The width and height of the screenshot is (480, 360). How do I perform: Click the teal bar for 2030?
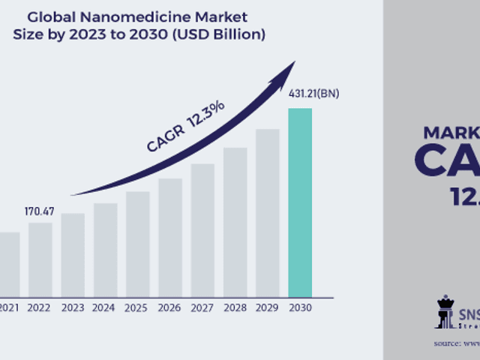click(300, 202)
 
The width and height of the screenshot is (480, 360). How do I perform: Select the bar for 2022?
click(40, 259)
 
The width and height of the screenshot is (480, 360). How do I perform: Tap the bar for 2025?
click(138, 244)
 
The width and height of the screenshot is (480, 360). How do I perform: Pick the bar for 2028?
click(235, 222)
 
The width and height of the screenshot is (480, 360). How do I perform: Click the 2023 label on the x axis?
click(73, 307)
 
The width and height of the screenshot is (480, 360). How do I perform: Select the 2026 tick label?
click(170, 307)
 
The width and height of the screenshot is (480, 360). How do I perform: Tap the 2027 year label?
click(202, 307)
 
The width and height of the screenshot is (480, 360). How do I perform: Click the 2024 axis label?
click(105, 307)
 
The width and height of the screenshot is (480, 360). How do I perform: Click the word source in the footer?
click(447, 343)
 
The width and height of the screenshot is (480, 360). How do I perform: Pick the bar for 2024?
click(105, 250)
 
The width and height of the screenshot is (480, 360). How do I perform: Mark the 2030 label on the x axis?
click(300, 307)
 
